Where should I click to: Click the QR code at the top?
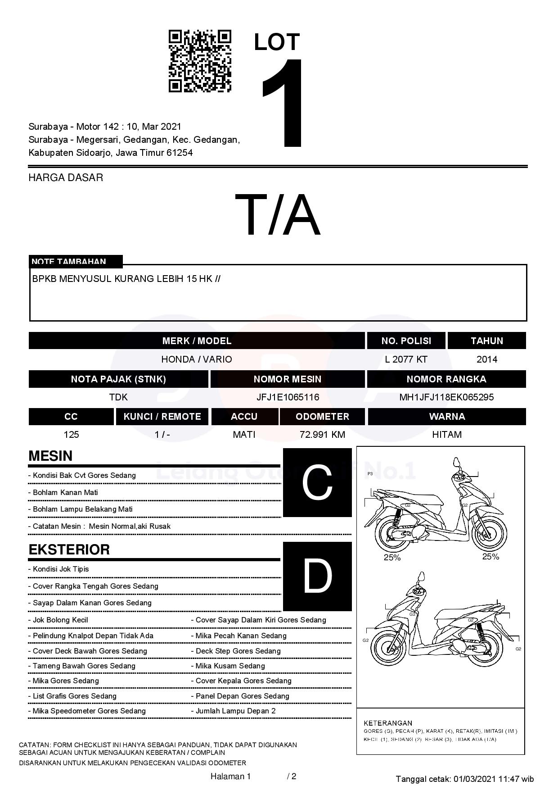200,61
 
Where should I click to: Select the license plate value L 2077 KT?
406,359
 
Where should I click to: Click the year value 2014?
487,359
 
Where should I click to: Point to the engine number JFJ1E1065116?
288,397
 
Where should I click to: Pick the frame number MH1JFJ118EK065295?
446,397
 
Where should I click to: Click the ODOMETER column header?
322,417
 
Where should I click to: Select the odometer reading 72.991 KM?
322,435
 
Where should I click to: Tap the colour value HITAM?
447,435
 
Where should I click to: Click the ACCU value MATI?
244,435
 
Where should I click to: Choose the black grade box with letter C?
317,482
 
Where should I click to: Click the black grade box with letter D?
317,576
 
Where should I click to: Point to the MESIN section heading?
50,456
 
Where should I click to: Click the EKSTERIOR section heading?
69,549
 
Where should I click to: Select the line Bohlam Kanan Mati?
65,492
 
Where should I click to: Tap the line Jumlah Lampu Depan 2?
235,711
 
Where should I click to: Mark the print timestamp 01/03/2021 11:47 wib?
494,779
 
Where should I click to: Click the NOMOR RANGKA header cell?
446,379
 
